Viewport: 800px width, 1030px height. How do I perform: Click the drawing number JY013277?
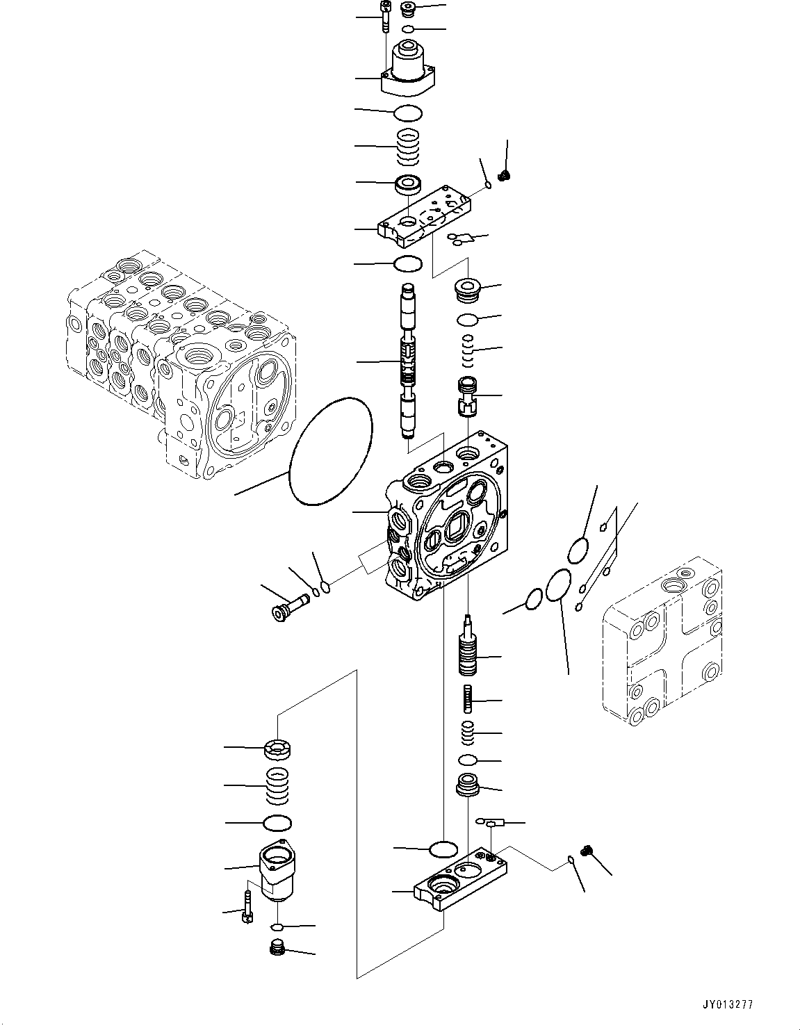[x=727, y=1004]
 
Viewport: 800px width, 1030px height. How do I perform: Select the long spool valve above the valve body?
[x=408, y=361]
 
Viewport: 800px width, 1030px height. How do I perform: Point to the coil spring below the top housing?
[x=409, y=147]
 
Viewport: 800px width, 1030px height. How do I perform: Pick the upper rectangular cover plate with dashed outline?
[x=425, y=218]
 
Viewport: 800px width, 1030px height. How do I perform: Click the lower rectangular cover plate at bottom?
[x=462, y=879]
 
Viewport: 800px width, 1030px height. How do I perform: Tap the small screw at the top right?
[x=505, y=175]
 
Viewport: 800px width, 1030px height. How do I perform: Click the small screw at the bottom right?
[x=587, y=849]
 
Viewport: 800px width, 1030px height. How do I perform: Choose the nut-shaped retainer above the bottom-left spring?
[x=277, y=749]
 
